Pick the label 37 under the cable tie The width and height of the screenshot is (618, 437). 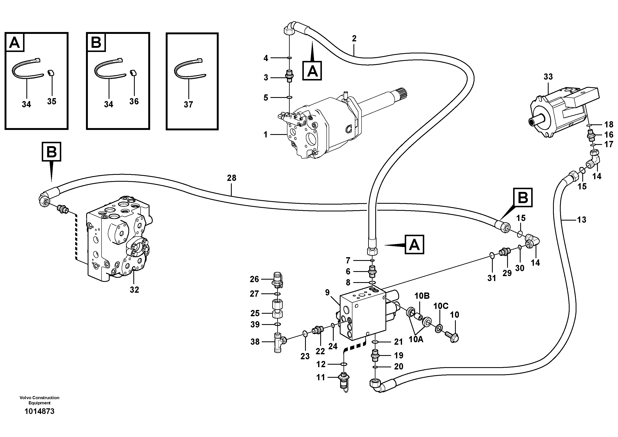[188, 105]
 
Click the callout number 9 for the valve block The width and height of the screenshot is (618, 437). [327, 292]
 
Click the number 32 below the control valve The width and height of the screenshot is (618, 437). [134, 290]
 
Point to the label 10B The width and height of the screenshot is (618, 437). [422, 296]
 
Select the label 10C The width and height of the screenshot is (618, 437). [441, 306]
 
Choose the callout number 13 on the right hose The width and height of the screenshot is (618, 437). [581, 220]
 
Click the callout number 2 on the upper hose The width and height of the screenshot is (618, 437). [354, 38]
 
